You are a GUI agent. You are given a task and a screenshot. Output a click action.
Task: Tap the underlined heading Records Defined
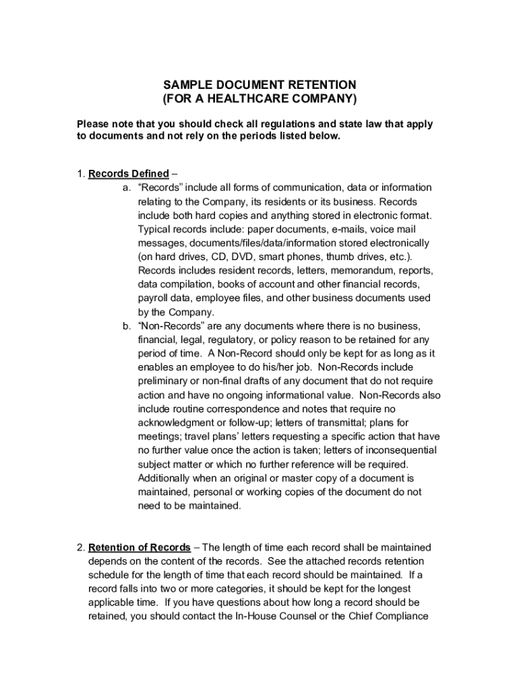tap(129, 174)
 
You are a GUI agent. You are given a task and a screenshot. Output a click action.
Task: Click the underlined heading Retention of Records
tap(140, 547)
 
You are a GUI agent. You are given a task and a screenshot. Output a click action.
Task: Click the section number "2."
tap(81, 547)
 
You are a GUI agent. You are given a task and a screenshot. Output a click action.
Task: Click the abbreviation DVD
tap(242, 257)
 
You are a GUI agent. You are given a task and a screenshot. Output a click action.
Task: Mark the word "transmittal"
tap(331, 422)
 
